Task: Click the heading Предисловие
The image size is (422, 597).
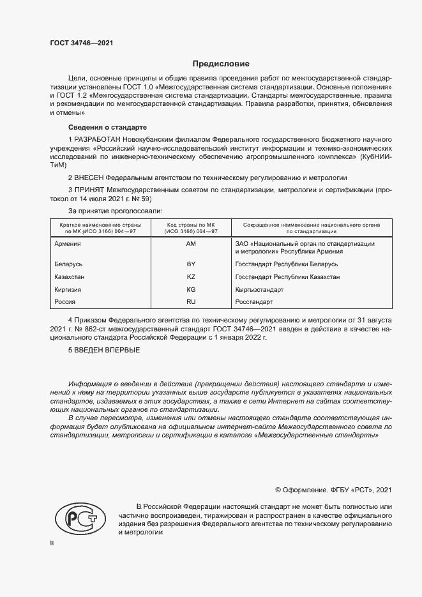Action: coord(221,64)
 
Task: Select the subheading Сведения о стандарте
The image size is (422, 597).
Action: coord(107,128)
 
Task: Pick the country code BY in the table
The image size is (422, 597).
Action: coord(190,264)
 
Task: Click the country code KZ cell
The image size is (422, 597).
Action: coord(190,276)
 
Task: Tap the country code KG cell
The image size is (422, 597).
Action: coord(190,289)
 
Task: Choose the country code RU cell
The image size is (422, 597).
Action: coord(190,301)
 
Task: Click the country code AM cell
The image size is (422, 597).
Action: coord(190,244)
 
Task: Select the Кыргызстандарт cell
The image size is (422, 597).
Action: coord(259,289)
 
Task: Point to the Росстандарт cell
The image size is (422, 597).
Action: coord(254,301)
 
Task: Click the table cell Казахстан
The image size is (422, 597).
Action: coord(70,276)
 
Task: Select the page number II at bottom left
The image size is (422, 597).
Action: coord(52,543)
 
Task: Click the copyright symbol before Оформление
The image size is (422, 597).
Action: coord(278,490)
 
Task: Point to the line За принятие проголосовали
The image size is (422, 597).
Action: coord(115,210)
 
